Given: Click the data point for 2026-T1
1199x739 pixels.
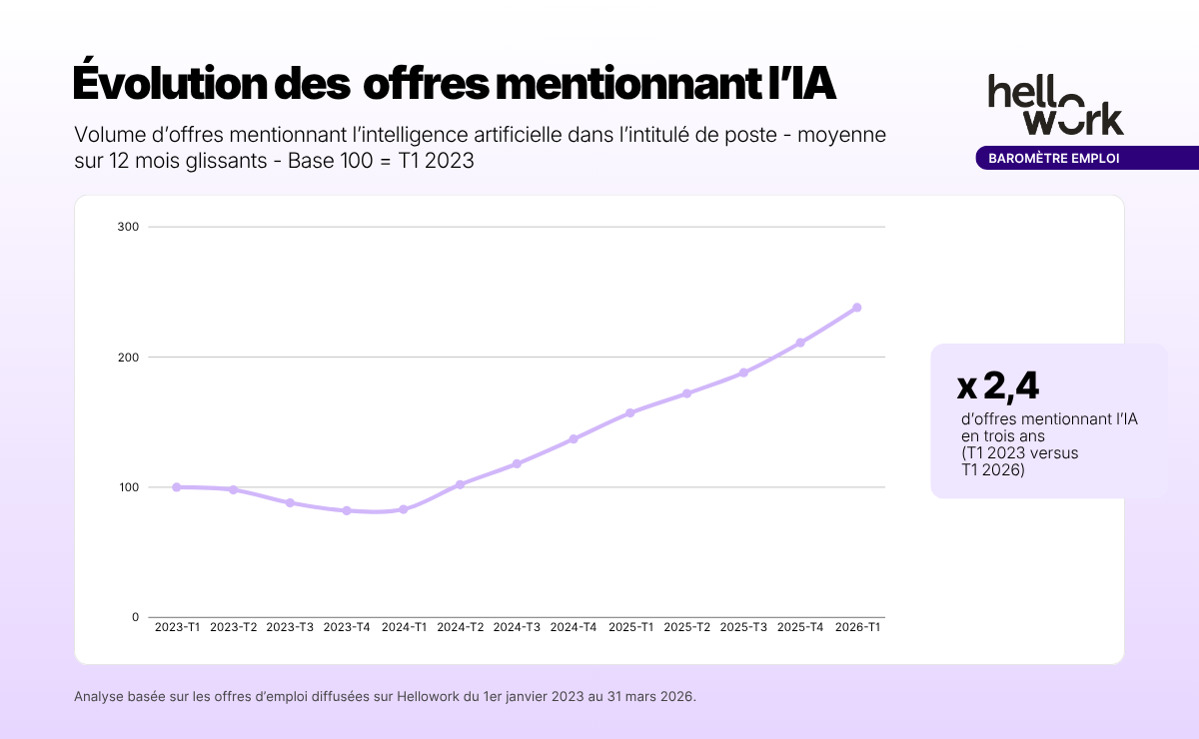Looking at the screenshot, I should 856,308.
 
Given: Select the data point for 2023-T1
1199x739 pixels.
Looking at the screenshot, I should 177,487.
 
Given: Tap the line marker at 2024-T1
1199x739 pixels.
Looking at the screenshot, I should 404,509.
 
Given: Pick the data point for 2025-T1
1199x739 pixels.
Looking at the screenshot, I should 629,412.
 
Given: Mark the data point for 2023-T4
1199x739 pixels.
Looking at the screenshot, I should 347,510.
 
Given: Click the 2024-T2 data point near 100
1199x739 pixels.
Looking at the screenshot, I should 460,484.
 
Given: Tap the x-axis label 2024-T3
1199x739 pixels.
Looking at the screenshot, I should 517,627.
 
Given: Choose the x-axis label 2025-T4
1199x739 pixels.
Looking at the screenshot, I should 800,627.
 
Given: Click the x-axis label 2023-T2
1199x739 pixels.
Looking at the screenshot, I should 234,627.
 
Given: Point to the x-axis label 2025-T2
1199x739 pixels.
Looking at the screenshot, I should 687,627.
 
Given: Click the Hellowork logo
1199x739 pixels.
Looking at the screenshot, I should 1055,104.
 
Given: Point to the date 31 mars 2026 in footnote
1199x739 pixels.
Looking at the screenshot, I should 646,696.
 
